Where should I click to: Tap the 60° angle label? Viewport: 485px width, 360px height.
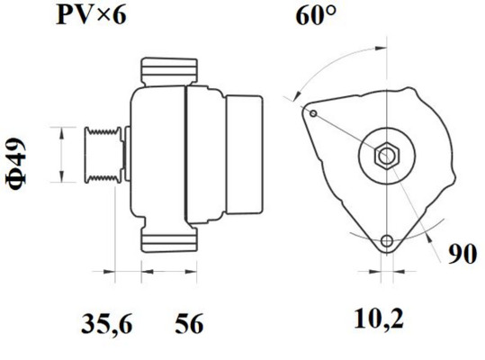click(315, 17)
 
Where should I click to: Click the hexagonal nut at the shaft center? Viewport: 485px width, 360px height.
click(385, 155)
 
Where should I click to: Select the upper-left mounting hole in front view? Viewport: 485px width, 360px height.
click(312, 113)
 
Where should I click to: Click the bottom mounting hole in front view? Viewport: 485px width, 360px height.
click(388, 242)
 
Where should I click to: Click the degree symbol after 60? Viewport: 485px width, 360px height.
click(335, 12)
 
